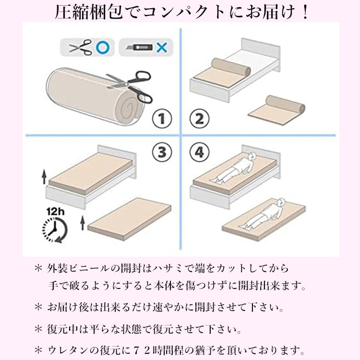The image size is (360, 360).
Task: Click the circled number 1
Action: click(162, 119)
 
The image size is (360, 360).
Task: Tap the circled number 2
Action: click(199, 119)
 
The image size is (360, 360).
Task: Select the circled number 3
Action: click(162, 152)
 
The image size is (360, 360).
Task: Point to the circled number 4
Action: click(199, 152)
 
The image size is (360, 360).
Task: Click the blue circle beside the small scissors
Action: click(102, 48)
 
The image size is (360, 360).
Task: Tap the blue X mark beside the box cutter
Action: click(162, 48)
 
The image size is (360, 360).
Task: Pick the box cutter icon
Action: click(139, 48)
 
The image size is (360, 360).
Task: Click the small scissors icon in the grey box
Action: click(81, 47)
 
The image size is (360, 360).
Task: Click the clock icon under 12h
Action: click(55, 229)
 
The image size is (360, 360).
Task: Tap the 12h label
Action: click(55, 212)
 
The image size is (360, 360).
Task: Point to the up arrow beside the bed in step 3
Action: click(44, 177)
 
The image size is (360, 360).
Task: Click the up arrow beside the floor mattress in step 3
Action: click(83, 223)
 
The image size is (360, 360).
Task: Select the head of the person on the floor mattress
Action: click(281, 203)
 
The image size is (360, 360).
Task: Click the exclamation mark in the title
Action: click(305, 12)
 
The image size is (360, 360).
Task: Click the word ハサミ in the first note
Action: click(168, 268)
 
